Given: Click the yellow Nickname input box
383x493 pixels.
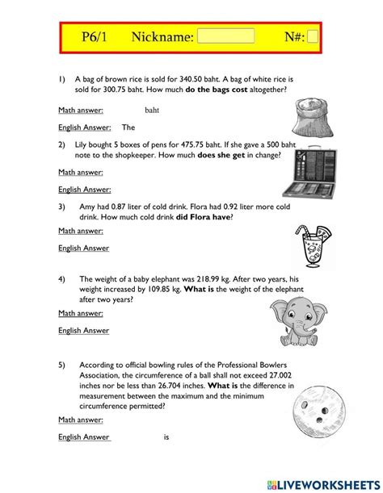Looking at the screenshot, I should tap(225, 36).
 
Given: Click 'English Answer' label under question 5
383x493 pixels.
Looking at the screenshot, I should tap(83, 437).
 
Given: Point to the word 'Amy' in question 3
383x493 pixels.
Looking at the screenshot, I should tap(88, 206).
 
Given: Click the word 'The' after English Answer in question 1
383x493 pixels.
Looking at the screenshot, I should tap(128, 127).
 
